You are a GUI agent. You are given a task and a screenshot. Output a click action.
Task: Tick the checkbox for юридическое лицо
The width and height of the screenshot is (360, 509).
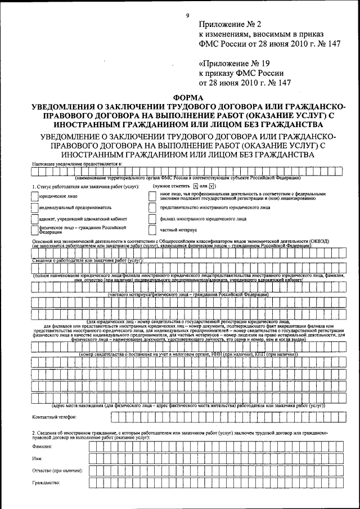(x=35, y=196)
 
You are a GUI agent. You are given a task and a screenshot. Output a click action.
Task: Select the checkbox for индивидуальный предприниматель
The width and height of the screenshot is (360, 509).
(x=35, y=207)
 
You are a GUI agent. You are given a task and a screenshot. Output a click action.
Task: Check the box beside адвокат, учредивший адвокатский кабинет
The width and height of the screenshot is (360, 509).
(x=35, y=218)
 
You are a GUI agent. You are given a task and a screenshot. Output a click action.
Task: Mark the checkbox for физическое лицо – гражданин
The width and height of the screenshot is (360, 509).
(x=35, y=229)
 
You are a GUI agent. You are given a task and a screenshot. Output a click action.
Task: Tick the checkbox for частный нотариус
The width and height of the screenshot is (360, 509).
(x=152, y=229)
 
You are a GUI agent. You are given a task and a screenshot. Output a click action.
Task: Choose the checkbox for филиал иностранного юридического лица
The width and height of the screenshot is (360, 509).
(x=152, y=218)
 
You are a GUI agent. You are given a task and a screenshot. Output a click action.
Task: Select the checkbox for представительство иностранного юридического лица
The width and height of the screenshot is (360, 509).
(x=152, y=207)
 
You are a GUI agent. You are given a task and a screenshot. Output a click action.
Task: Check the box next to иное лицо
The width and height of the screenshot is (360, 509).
(x=152, y=196)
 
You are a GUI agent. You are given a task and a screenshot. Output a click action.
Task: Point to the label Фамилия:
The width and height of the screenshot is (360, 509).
(x=42, y=445)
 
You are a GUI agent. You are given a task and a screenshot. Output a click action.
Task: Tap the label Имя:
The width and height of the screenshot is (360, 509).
(x=38, y=458)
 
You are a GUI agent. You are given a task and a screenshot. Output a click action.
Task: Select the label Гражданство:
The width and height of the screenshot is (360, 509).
(x=47, y=483)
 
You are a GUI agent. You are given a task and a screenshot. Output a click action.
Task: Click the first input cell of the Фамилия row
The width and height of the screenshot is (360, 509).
(x=93, y=445)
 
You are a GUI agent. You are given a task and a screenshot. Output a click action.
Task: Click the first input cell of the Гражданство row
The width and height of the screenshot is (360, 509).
(x=93, y=483)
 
